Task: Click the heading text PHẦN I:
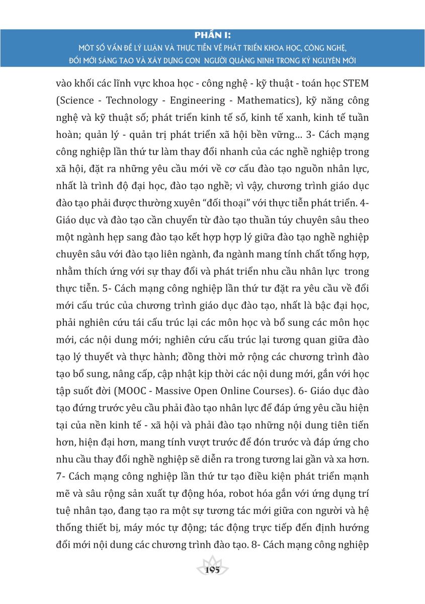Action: pos(212,36)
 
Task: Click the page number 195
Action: pos(213,570)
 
